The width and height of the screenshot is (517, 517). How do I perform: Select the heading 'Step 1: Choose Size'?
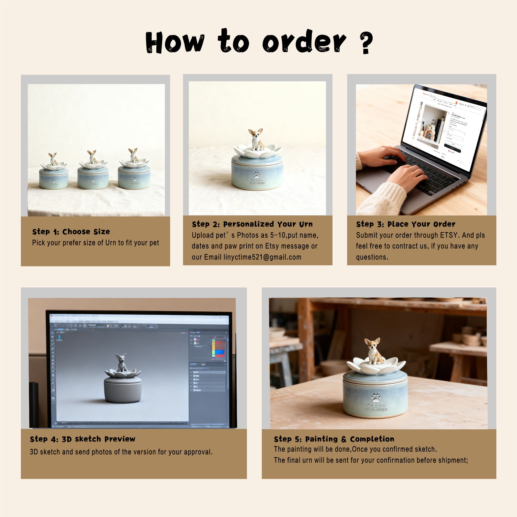click(x=71, y=232)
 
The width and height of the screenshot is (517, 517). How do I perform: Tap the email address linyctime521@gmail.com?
click(x=262, y=257)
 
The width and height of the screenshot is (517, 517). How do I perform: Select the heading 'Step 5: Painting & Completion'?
click(x=334, y=439)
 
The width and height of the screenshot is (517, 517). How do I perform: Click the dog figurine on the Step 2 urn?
click(x=256, y=139)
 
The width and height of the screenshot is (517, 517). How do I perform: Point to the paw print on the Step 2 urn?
click(x=257, y=175)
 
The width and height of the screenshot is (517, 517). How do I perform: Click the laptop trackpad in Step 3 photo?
click(x=375, y=178)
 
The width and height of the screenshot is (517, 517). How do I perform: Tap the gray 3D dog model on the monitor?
click(x=122, y=363)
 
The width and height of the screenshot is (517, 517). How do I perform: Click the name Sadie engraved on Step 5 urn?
click(x=376, y=405)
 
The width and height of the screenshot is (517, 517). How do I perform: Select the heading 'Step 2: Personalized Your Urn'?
click(x=252, y=224)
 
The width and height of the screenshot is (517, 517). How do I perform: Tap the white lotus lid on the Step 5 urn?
click(x=376, y=366)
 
